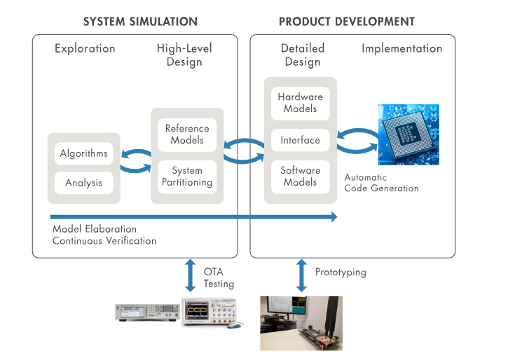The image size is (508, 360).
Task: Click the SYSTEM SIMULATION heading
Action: [140, 22]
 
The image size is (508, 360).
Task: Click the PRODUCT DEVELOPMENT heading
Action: [346, 22]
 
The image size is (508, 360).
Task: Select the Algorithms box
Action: [84, 153]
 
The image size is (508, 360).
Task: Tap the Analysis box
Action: [84, 183]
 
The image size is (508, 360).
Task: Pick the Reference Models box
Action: [187, 134]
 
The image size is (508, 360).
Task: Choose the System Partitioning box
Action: [187, 176]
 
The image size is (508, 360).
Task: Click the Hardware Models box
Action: [300, 102]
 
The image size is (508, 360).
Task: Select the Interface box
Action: [300, 140]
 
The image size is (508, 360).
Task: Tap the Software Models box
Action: [300, 176]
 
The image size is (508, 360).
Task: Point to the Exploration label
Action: [85, 49]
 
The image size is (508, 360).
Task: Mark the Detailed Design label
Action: [303, 55]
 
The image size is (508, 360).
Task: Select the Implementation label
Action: [401, 49]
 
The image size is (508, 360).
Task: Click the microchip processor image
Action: [409, 134]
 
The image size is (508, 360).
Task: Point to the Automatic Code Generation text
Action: [381, 183]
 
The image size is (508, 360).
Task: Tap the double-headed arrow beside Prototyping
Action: [301, 276]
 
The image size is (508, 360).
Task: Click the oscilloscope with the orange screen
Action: [210, 312]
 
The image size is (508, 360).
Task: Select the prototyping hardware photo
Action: [301, 322]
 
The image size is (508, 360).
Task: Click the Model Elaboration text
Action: [95, 229]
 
